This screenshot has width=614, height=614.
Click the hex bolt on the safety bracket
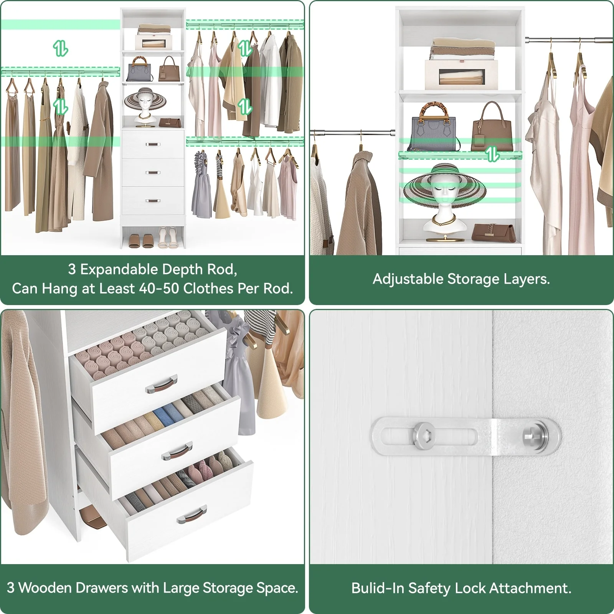[423, 436]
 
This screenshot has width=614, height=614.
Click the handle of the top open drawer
[161, 384]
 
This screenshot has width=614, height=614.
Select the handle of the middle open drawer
[177, 451]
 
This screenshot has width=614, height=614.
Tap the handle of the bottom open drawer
[192, 515]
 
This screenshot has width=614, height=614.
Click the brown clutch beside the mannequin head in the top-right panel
[493, 233]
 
